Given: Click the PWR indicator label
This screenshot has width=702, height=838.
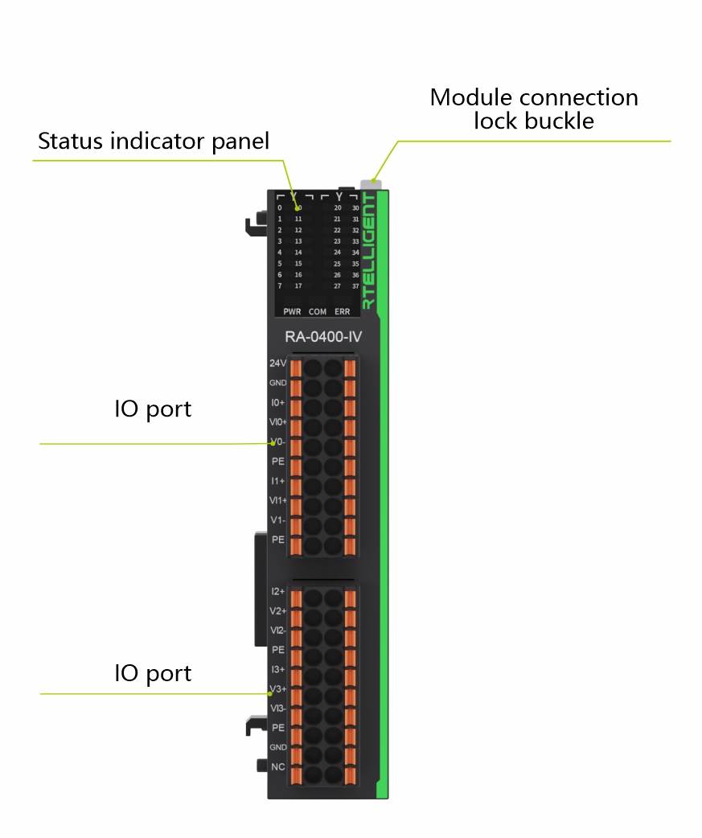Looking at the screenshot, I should (x=291, y=311).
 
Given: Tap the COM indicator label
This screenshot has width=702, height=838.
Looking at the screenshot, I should (x=318, y=311).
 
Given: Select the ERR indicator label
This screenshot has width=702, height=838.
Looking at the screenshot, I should (x=343, y=311).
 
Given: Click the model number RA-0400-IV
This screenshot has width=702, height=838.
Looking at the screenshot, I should (x=323, y=337).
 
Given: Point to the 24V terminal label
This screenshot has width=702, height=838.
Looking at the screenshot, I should (x=278, y=364).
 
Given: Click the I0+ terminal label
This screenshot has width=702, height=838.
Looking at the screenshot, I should (x=278, y=402).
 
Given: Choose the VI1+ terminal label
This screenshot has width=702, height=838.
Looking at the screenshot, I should (x=278, y=500).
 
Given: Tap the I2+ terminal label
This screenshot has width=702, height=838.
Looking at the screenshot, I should (x=278, y=591).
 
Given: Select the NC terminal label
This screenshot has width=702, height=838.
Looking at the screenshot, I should (x=278, y=766).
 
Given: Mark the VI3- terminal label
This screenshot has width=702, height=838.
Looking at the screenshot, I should (x=278, y=708).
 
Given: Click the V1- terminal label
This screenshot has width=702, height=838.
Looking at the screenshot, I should (x=278, y=520).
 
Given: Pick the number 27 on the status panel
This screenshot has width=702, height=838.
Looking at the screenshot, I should (x=338, y=285).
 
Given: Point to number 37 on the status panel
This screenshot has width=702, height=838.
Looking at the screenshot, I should (x=355, y=285).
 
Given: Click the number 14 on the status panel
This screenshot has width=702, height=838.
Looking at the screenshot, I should (x=298, y=253).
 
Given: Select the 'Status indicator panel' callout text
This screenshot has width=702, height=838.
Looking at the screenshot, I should (x=154, y=142).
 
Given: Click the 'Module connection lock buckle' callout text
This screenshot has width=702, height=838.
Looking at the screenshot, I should (x=534, y=109).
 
